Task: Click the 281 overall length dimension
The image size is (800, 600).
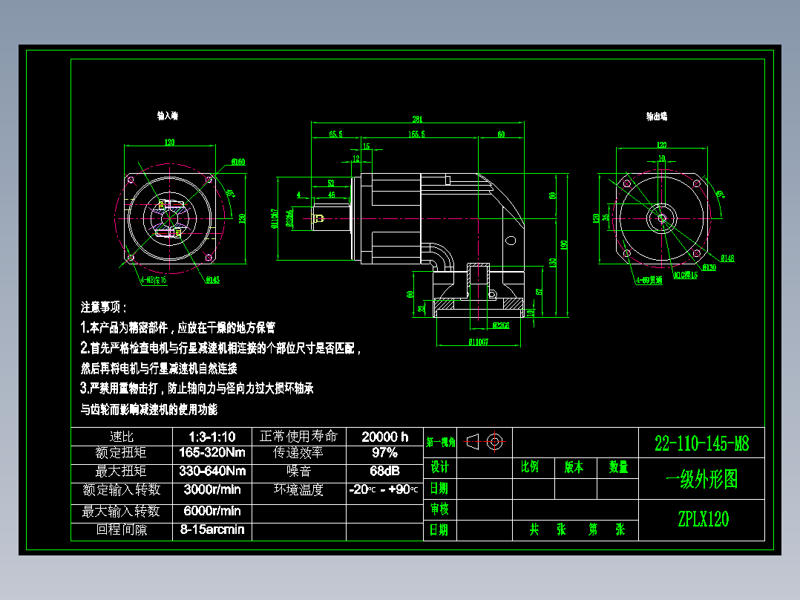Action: click(417, 118)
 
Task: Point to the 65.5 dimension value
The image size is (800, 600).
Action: click(335, 134)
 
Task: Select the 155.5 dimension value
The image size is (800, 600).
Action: click(417, 134)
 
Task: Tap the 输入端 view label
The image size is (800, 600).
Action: click(167, 116)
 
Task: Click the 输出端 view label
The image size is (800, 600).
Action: click(657, 116)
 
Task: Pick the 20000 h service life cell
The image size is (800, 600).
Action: click(384, 437)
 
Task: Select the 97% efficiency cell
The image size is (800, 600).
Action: click(384, 453)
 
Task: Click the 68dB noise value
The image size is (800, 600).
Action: click(384, 471)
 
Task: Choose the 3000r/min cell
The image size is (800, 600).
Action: click(212, 489)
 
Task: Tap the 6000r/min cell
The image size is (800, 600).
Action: click(212, 511)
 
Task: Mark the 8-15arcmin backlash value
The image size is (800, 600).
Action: click(212, 530)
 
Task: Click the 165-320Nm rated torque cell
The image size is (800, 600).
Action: click(212, 453)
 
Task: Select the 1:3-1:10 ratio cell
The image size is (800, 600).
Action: click(212, 437)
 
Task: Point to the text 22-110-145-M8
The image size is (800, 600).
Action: click(701, 444)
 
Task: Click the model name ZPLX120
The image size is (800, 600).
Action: click(702, 519)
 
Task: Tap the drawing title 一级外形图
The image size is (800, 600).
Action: click(702, 480)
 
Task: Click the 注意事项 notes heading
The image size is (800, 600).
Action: click(103, 307)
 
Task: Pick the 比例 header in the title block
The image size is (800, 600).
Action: click(530, 467)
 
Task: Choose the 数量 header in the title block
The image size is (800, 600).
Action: click(618, 467)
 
